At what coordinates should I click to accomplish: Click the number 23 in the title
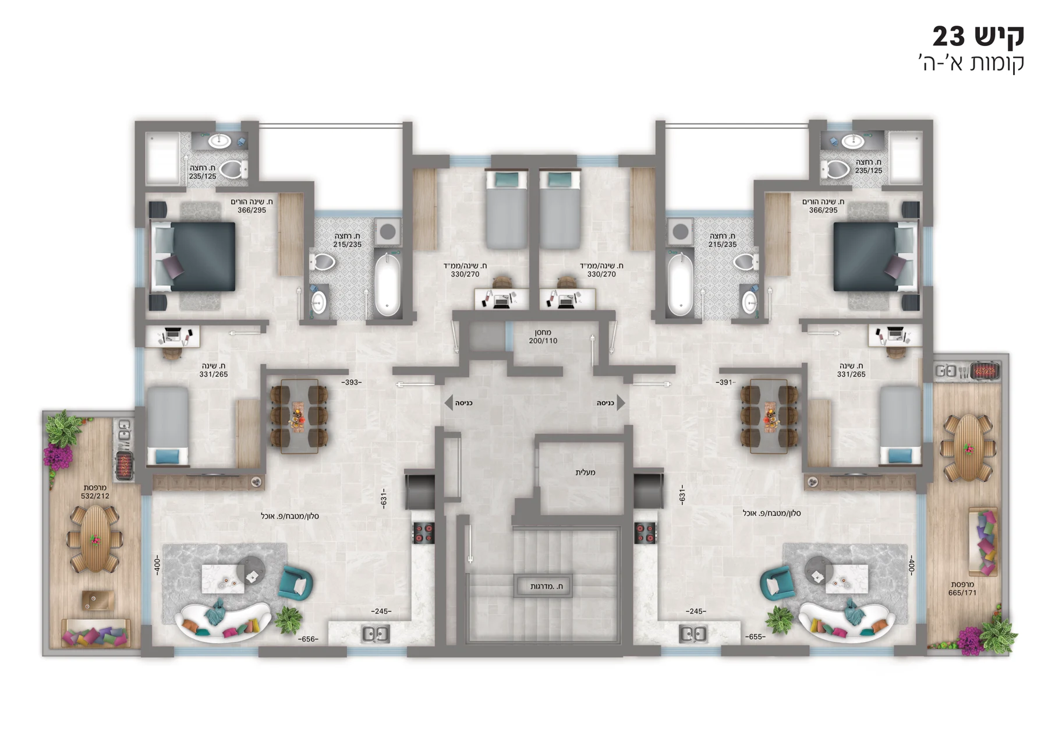point(949,37)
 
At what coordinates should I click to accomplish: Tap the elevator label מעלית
point(585,472)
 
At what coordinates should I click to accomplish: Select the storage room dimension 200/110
point(543,341)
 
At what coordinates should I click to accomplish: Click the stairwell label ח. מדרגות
point(546,587)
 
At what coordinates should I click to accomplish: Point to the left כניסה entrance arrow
point(448,403)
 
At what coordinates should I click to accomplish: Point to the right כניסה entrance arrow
point(621,403)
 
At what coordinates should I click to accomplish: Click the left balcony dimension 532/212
point(95,496)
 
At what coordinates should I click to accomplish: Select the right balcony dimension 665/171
point(962,593)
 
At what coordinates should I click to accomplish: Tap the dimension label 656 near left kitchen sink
point(308,639)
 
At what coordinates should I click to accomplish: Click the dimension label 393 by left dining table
point(352,382)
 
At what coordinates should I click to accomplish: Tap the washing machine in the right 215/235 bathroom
point(680,232)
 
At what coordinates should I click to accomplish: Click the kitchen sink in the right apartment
point(693,633)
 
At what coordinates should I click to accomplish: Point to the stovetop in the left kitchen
point(424,533)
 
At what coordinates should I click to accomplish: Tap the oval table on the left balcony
point(94,539)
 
